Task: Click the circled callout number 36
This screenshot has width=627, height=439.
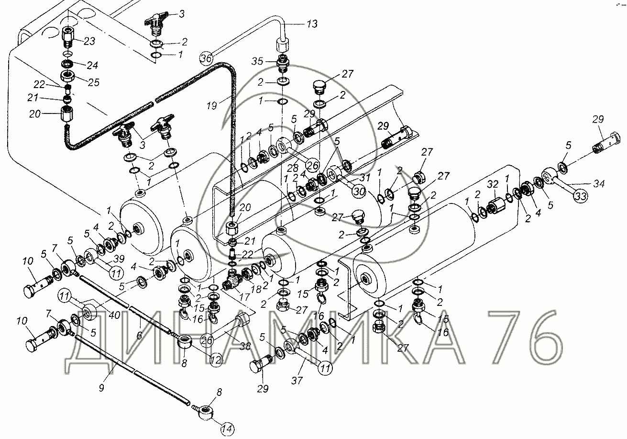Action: (x=206, y=58)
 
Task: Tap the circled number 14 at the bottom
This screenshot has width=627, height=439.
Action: (x=228, y=428)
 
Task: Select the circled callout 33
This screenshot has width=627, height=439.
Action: (x=581, y=196)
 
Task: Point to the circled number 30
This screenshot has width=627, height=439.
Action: (x=359, y=191)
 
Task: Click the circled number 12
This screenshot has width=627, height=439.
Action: (x=216, y=359)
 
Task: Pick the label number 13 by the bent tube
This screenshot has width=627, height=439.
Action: (x=311, y=24)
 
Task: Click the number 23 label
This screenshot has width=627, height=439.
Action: (x=89, y=41)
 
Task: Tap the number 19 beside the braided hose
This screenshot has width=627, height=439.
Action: (x=212, y=106)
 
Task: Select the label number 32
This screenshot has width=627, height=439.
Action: (x=493, y=184)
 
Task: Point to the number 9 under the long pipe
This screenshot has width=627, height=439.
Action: (x=101, y=388)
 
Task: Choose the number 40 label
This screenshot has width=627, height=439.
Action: (x=114, y=315)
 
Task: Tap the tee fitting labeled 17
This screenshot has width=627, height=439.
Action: (x=231, y=279)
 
